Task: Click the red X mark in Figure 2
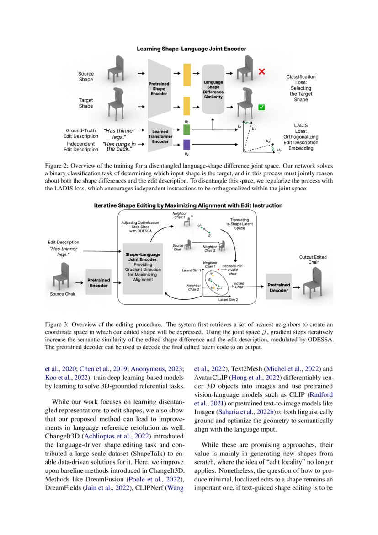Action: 262,72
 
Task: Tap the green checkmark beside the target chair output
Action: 261,107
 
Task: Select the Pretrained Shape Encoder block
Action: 159,88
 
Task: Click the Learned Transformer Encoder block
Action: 161,136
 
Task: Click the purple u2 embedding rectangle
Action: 186,145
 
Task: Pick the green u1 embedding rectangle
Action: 186,130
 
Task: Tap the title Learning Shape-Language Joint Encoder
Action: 192,49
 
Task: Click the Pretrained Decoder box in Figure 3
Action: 278,287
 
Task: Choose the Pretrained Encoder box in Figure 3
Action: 98,282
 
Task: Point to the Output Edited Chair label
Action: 313,259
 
